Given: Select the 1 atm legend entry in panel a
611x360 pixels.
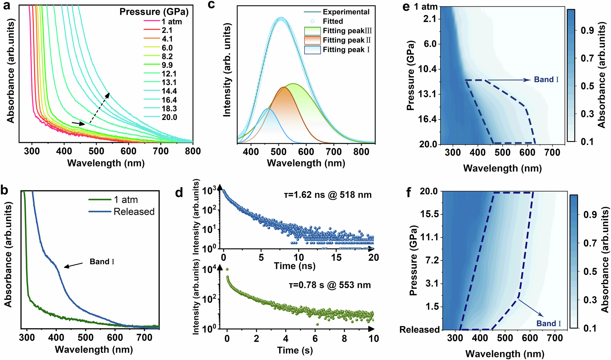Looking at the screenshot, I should [171, 22].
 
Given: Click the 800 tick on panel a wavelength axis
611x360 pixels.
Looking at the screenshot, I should [193, 151].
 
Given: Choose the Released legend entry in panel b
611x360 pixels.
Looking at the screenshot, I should [134, 212].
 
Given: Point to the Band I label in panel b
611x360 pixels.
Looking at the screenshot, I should [102, 262].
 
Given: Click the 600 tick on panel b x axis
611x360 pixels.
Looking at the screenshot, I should [115, 337].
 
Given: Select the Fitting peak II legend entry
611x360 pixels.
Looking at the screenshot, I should [346, 40].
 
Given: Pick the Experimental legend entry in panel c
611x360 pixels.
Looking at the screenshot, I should [346, 12].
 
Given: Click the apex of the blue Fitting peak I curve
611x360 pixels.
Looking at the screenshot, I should [268, 109].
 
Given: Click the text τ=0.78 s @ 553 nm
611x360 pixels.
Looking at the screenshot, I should [330, 285].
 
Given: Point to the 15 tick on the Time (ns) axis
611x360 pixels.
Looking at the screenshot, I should [336, 257].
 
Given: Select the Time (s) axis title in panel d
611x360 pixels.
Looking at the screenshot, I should [295, 350].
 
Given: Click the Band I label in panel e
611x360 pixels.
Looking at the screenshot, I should [546, 80].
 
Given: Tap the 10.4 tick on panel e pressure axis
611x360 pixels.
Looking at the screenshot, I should [427, 69].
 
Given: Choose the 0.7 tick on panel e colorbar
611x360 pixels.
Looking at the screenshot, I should [587, 58].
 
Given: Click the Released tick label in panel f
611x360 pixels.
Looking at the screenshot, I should [419, 330].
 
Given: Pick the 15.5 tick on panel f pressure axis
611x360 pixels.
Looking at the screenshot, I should [429, 214].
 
